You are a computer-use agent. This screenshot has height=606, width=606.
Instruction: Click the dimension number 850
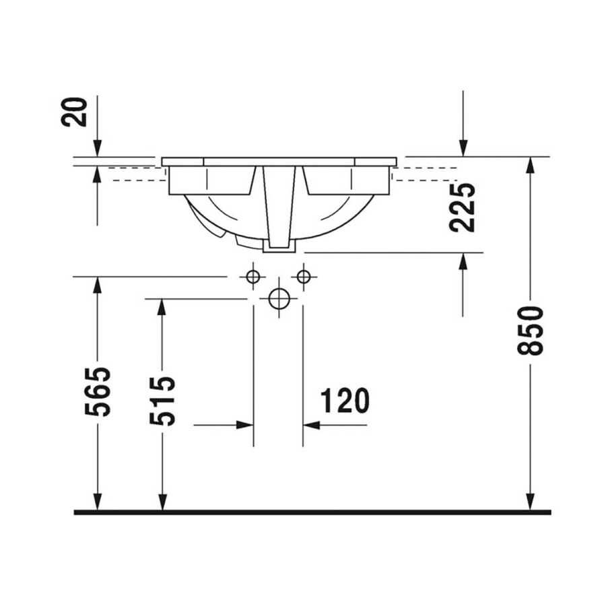click(531, 331)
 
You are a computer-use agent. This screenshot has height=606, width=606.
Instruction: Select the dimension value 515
click(162, 401)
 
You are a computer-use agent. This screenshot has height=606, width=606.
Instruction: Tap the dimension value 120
click(345, 401)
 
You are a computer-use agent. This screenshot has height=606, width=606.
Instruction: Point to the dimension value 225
click(463, 207)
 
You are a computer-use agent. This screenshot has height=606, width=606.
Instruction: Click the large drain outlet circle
click(279, 298)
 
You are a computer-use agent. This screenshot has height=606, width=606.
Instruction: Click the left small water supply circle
click(253, 276)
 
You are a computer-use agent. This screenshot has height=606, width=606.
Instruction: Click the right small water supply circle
click(304, 276)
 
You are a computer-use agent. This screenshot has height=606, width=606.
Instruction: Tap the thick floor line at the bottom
click(312, 512)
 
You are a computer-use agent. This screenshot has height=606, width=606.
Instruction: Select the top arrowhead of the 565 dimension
click(98, 285)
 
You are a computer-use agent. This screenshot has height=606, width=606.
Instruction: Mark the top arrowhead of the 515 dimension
click(162, 308)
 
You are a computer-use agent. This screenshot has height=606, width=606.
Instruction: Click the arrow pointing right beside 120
click(245, 425)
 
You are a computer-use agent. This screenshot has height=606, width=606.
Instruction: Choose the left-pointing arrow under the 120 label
click(311, 425)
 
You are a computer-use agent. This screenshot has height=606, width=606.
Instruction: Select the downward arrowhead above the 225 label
click(463, 148)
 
